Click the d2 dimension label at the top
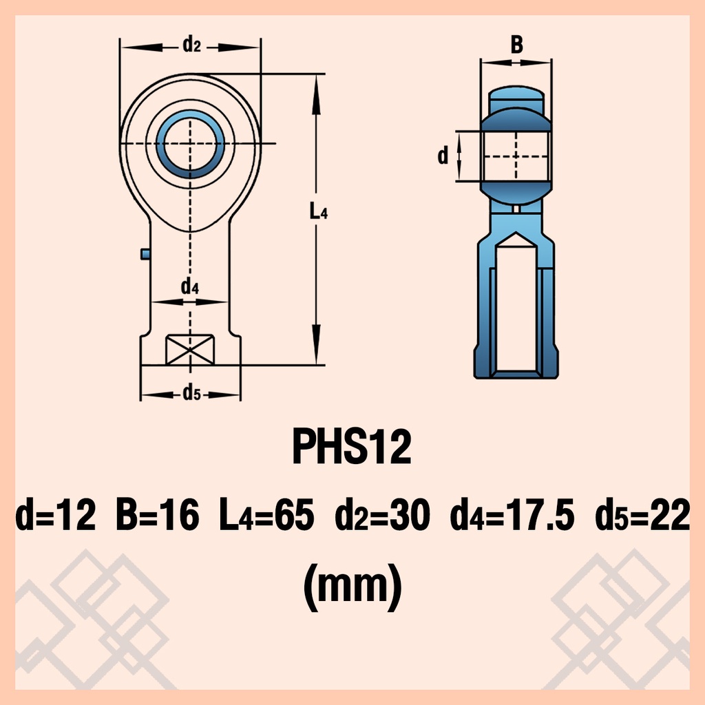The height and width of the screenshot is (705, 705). coord(191,45)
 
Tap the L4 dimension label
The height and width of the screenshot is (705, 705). coord(319,211)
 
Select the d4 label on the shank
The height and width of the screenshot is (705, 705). coord(190,286)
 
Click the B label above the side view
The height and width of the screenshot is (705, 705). coord(517,45)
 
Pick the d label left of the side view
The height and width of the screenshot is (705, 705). coord(443,155)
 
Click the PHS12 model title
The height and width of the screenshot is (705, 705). coord(352,446)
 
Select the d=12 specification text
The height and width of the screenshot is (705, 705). coord(55,514)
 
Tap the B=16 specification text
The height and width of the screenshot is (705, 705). coord(158,514)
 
